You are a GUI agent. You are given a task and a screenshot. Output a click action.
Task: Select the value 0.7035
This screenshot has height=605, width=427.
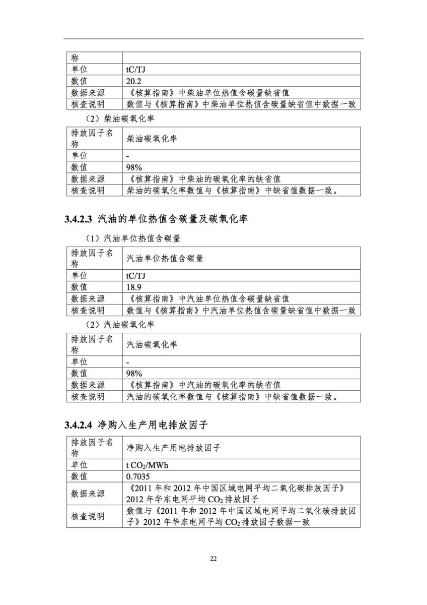click(138, 476)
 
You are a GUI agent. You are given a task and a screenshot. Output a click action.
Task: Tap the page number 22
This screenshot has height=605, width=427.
click(213, 559)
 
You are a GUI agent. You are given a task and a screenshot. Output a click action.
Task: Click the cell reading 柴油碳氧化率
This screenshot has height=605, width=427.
click(152, 138)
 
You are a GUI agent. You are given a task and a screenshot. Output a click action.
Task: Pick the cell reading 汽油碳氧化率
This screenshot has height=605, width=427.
click(152, 345)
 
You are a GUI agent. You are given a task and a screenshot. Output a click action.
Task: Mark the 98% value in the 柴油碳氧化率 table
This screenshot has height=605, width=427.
click(134, 167)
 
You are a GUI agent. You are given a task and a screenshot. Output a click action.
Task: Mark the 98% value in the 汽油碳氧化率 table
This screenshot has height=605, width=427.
click(134, 374)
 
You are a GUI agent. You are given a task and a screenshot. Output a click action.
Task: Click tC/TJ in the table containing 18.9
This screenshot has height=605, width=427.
click(136, 275)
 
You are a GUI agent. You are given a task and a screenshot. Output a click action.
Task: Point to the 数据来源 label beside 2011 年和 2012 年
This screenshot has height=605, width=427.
click(88, 494)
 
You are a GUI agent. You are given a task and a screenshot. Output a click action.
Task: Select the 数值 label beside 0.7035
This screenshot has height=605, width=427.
click(79, 476)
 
